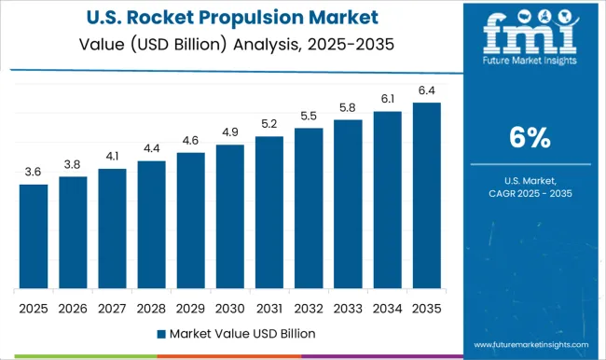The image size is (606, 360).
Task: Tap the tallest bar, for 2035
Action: pyautogui.click(x=426, y=195)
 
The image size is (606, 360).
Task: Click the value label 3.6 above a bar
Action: pyautogui.click(x=34, y=172)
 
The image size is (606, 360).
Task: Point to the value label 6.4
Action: pyautogui.click(x=426, y=90)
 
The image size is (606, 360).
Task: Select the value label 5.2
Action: pyautogui.click(x=269, y=124)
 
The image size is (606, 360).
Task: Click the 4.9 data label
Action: pyautogui.click(x=229, y=132)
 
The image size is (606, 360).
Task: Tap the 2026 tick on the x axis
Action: pyautogui.click(x=73, y=307)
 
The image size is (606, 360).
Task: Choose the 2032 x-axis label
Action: pyautogui.click(x=309, y=307)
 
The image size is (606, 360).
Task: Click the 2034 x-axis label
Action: pyautogui.click(x=387, y=307)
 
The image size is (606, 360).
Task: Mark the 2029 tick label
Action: pyautogui.click(x=190, y=307)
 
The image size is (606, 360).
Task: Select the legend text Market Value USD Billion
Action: pyautogui.click(x=241, y=333)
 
